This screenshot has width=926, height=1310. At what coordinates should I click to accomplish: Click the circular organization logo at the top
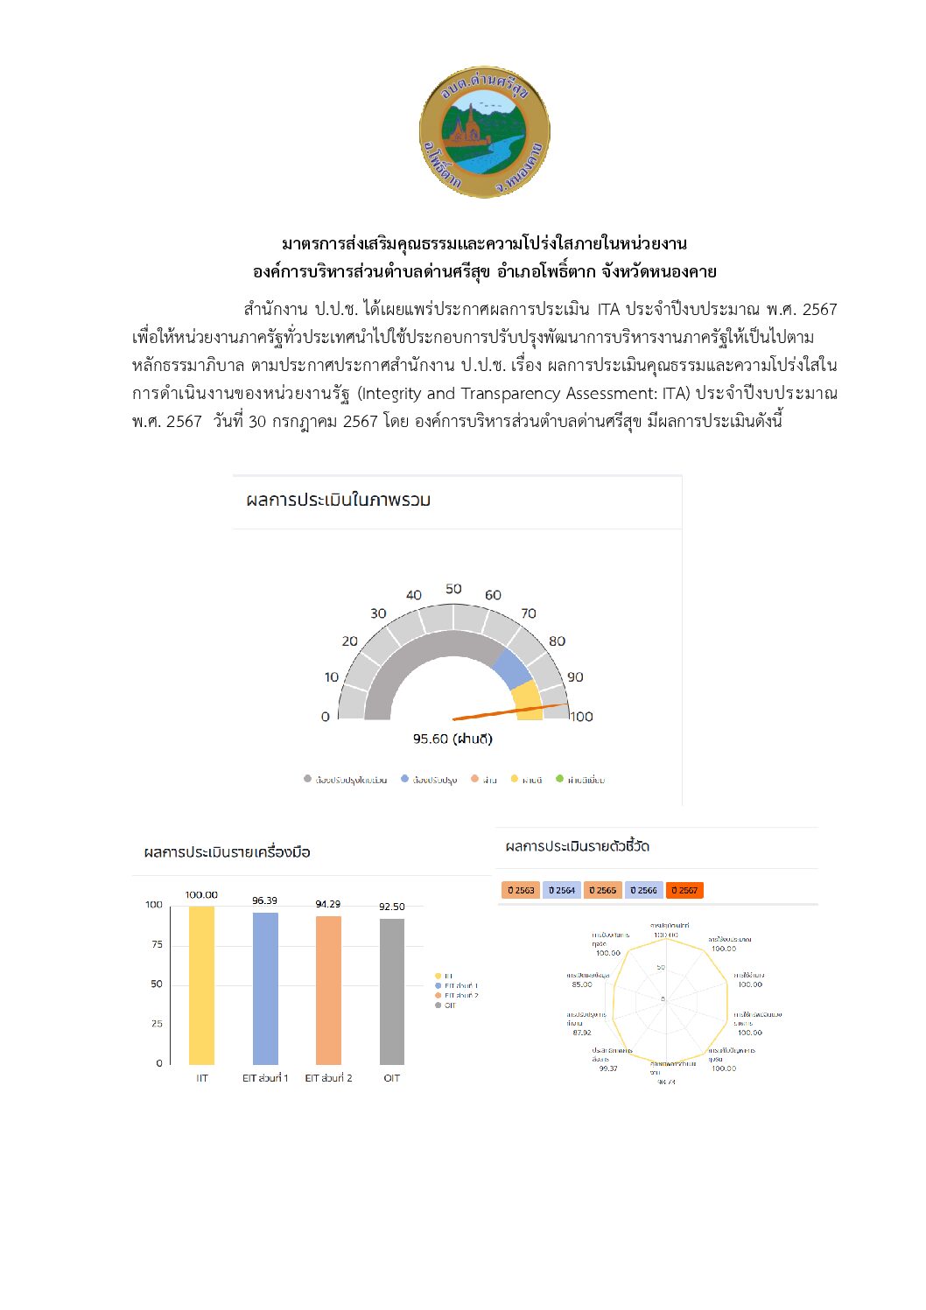pos(484,131)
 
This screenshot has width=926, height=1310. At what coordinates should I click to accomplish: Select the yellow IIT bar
pos(201,984)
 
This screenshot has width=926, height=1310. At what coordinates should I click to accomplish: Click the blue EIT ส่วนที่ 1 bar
pos(265,988)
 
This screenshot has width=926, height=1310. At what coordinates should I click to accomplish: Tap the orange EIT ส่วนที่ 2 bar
pos(328,990)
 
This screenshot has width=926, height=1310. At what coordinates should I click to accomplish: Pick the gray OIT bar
pos(392,991)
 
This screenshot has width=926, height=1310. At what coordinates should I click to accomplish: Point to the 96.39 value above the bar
pos(264,900)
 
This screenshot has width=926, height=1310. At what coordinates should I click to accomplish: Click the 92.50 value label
pos(391,907)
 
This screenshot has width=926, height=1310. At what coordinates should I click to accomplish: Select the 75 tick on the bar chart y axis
pos(157,944)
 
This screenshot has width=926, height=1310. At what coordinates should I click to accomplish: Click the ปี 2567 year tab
pos(684,890)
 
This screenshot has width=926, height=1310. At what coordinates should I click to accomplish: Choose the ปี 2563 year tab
pos(520,890)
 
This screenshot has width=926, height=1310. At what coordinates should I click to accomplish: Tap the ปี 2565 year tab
pos(602,890)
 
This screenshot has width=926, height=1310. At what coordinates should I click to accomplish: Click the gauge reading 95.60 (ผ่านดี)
pos(452,739)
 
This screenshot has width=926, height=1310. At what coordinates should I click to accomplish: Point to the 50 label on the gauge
pos(453,589)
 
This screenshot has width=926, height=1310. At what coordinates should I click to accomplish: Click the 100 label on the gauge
pos(581,717)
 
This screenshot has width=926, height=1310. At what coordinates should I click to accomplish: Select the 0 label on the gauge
pos(326,717)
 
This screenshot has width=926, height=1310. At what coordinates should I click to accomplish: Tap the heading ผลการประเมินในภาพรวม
pos(338,500)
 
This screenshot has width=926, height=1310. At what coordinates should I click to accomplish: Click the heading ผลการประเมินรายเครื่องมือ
pos(227,852)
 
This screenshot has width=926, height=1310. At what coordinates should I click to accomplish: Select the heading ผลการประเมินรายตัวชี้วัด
pos(577,846)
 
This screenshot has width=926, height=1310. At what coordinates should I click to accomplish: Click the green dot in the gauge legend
pos(559,779)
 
